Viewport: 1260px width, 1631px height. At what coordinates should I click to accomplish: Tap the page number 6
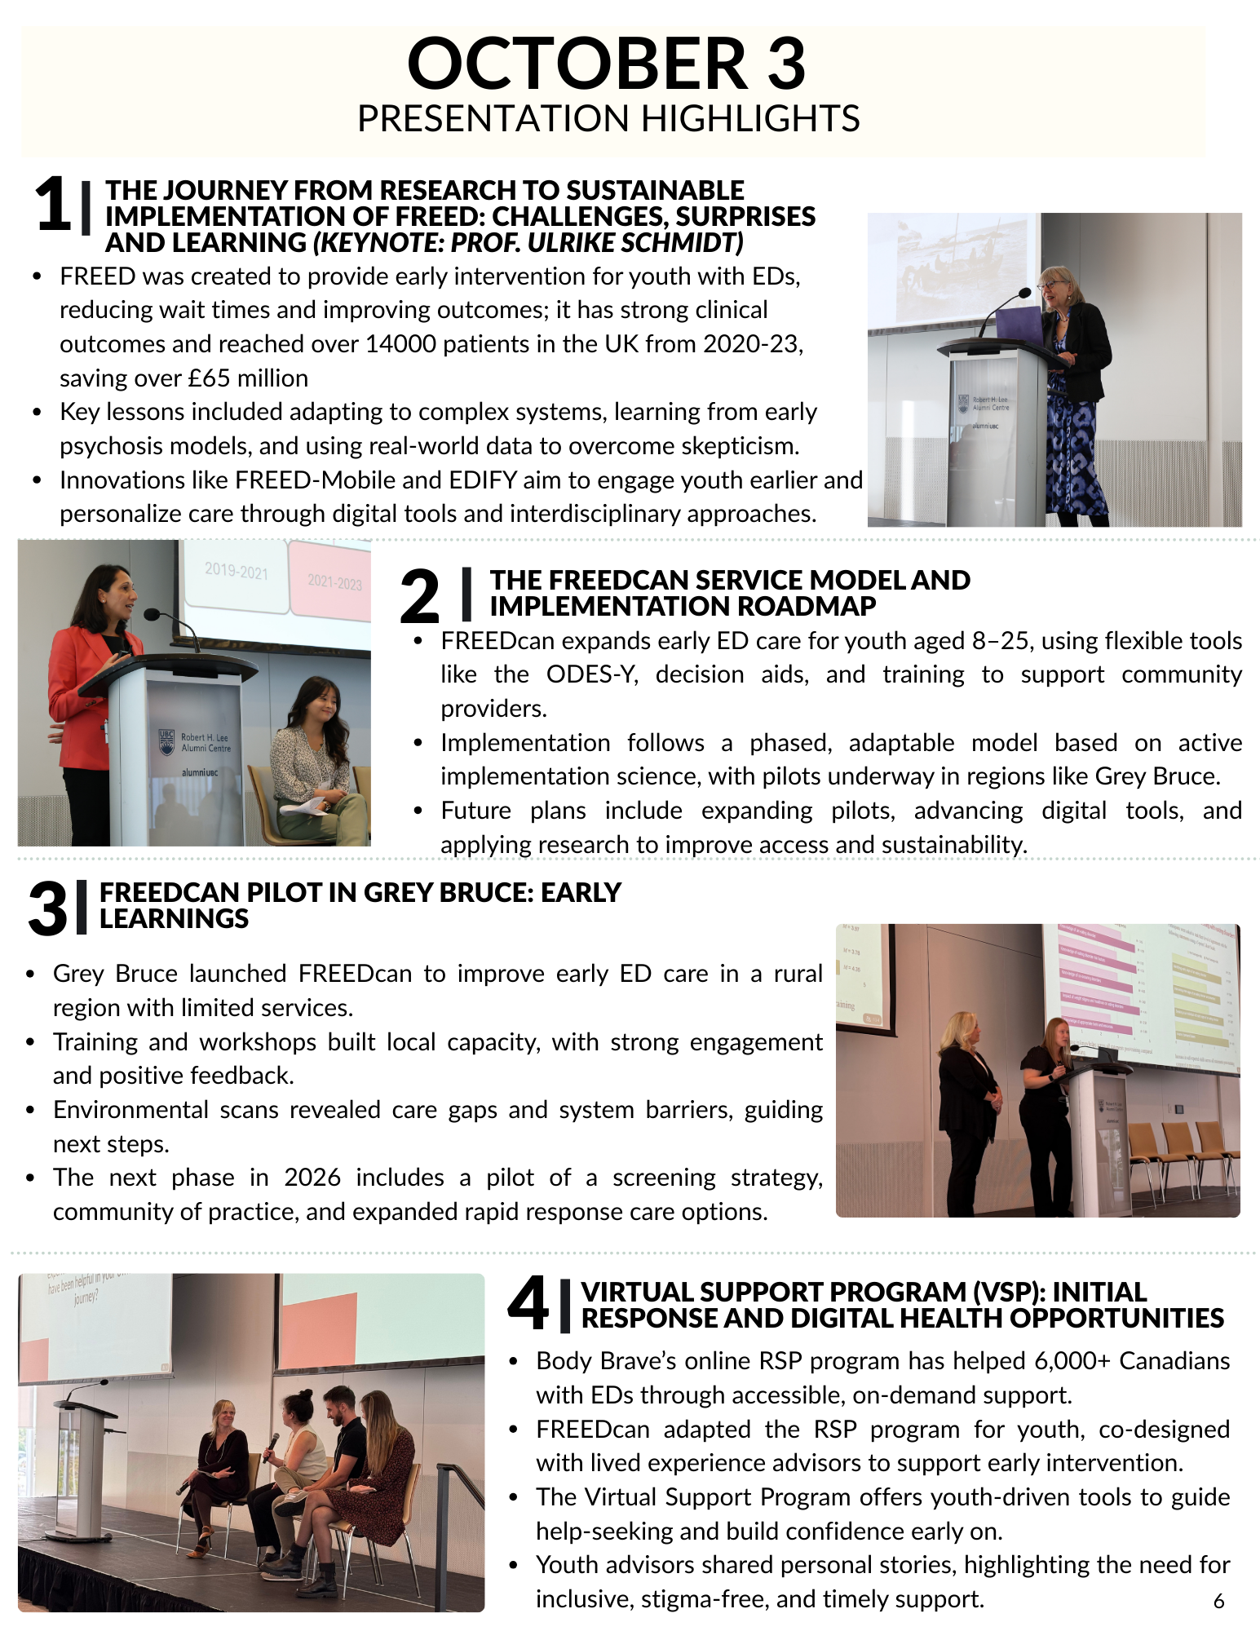(1218, 1601)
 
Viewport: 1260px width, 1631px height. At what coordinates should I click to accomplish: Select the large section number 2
(420, 596)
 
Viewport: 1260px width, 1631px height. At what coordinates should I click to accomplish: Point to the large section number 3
(47, 908)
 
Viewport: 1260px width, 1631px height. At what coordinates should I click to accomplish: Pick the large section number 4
(528, 1303)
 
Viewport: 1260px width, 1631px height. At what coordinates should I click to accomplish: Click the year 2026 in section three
(312, 1178)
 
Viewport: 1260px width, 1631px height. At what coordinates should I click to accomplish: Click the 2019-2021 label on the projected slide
(237, 571)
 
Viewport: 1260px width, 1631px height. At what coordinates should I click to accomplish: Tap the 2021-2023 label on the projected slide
(334, 581)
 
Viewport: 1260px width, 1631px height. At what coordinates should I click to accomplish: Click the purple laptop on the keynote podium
(1019, 325)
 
